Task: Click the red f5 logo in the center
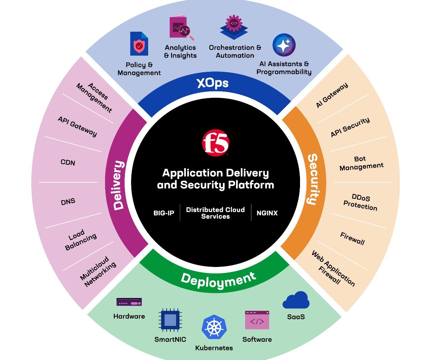click(215, 143)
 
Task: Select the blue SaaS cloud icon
click(296, 300)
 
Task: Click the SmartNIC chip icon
click(170, 320)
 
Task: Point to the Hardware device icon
click(129, 302)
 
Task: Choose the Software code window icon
click(257, 320)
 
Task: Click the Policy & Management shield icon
click(139, 43)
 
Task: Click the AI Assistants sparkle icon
click(284, 45)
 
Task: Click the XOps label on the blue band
click(212, 83)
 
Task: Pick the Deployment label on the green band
click(218, 280)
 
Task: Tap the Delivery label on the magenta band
click(119, 185)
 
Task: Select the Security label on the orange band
click(313, 179)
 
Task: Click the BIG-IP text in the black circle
click(164, 213)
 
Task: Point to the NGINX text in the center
click(267, 213)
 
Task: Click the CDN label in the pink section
click(68, 162)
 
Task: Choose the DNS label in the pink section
click(68, 202)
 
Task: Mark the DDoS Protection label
click(360, 202)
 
